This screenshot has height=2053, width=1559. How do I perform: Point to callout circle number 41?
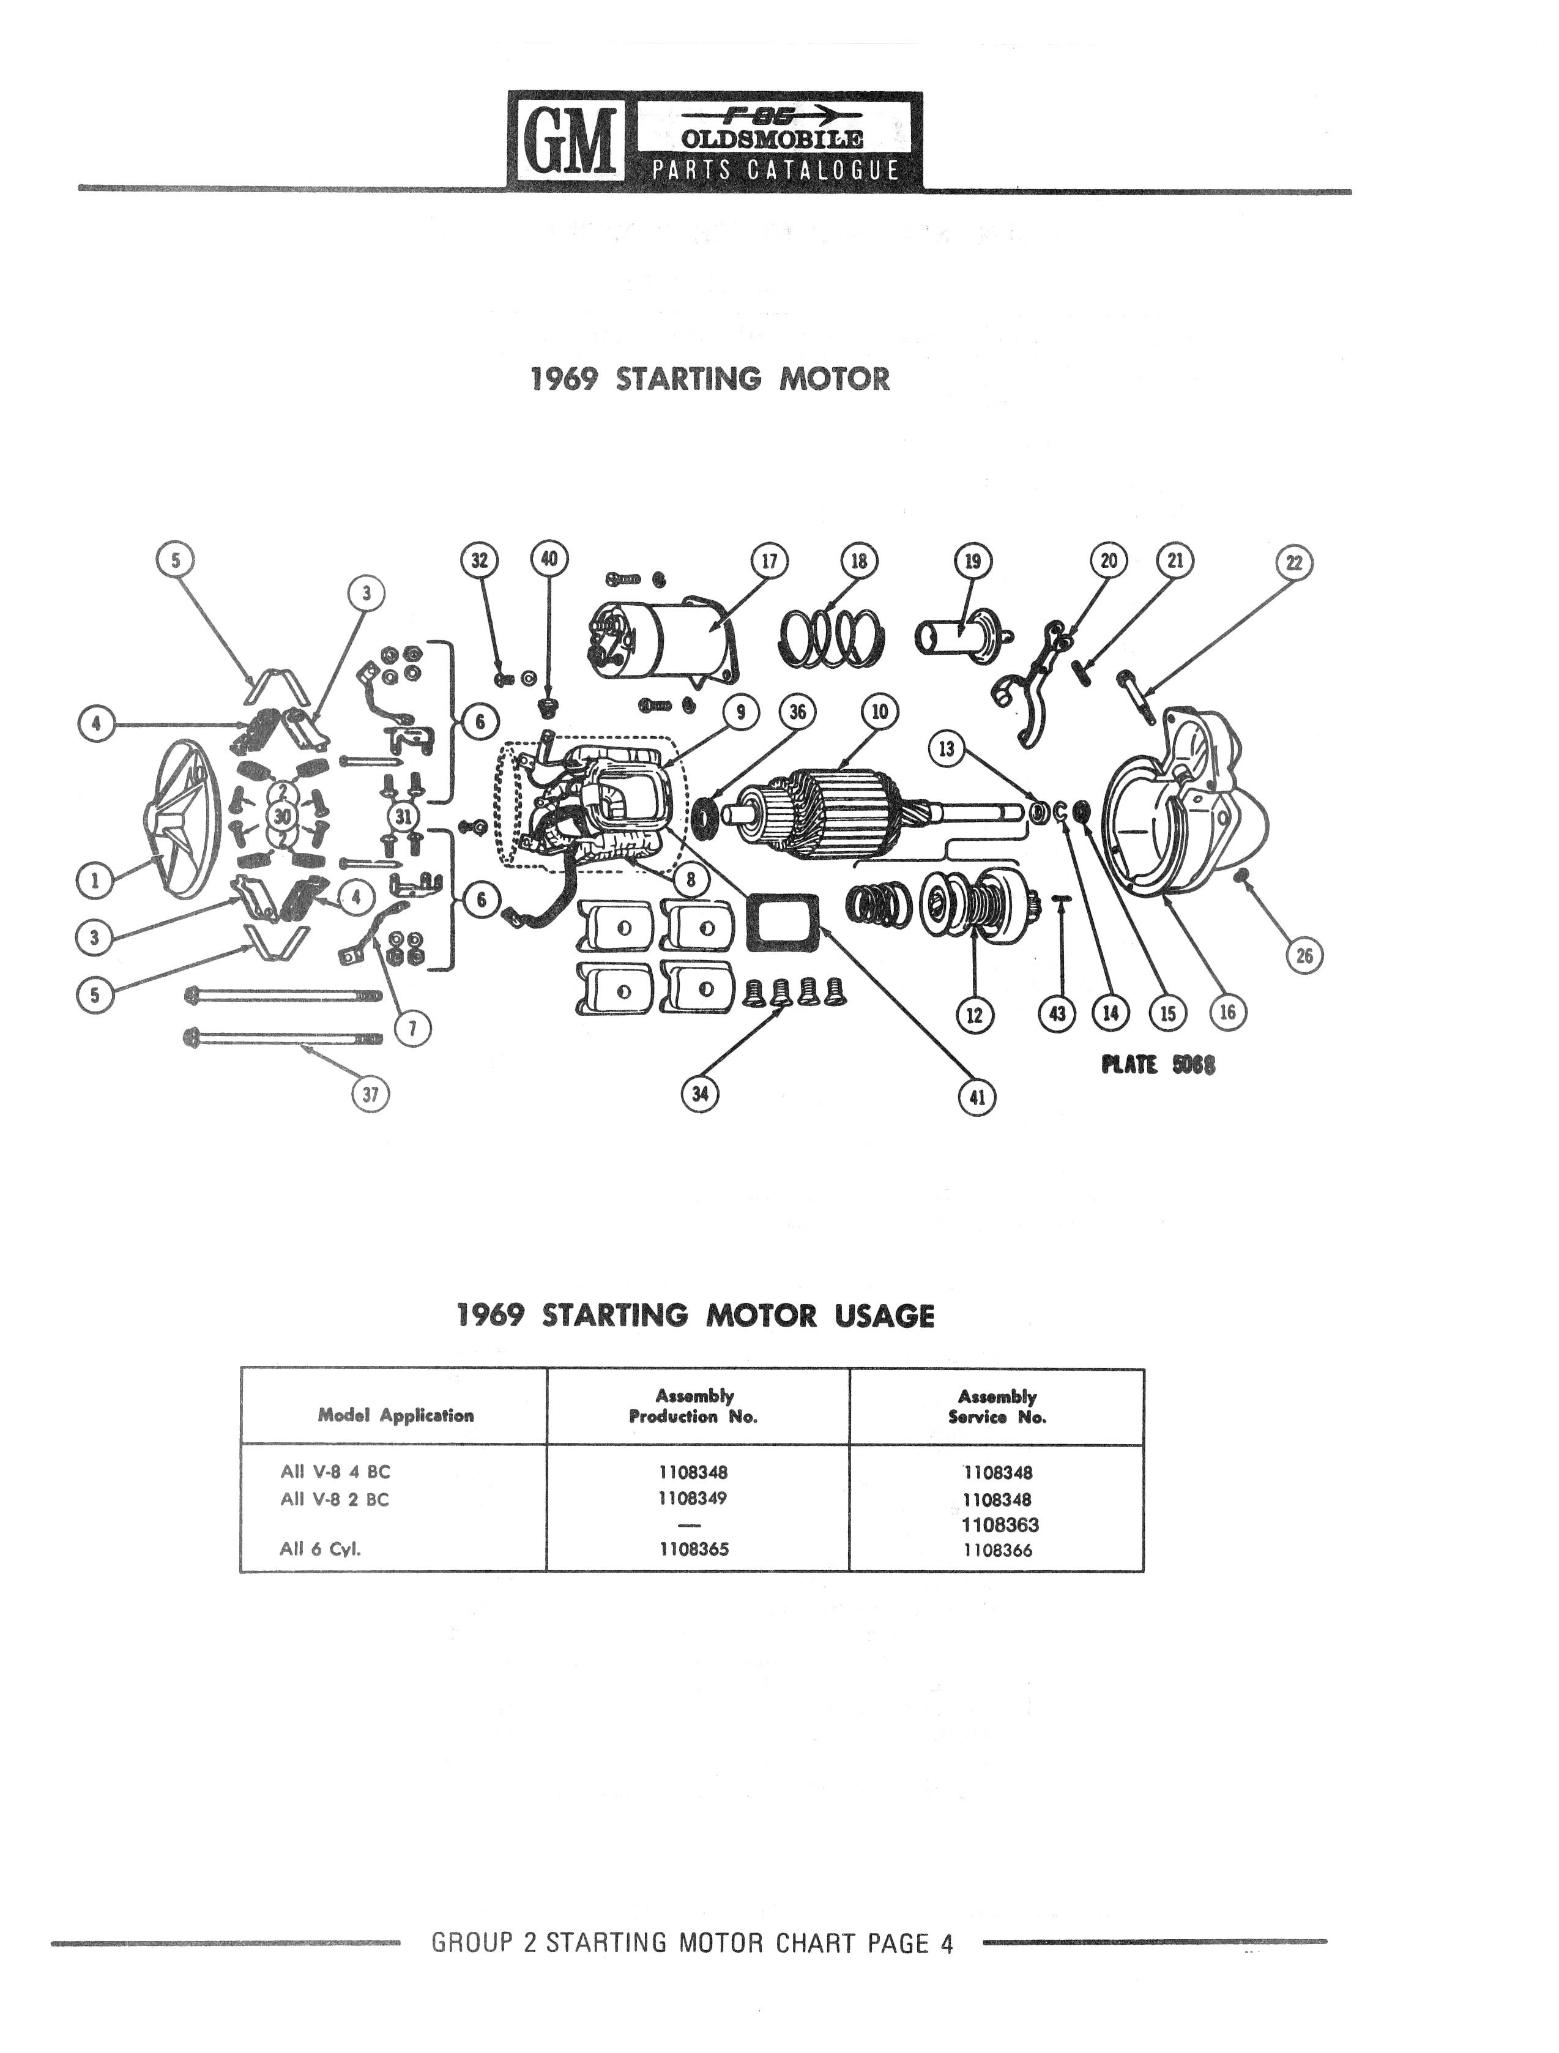click(977, 1098)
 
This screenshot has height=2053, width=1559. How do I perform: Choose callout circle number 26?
click(1304, 956)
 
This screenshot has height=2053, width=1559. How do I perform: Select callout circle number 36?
click(797, 713)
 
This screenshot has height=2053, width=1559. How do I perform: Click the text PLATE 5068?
click(1158, 1065)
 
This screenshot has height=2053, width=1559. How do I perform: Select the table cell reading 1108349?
click(693, 1498)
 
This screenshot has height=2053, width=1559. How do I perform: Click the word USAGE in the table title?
click(884, 1316)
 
